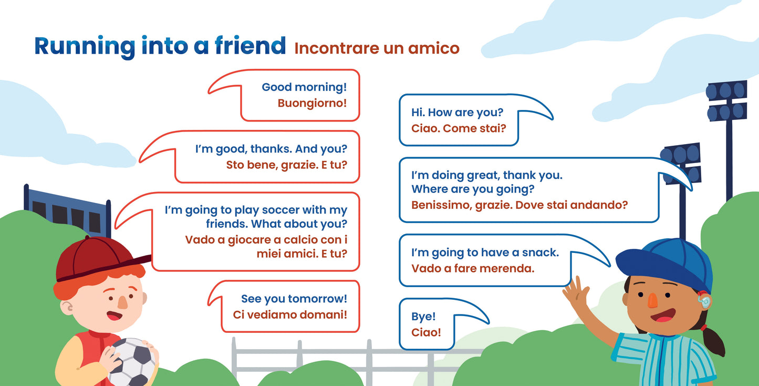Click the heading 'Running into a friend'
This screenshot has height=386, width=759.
coord(160,46)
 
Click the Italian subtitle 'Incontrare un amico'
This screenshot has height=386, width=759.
coord(377,48)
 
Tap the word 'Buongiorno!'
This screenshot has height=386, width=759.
coord(312,103)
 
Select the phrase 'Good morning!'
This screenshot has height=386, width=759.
coord(304,87)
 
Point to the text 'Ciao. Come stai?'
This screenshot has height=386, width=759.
coord(458,128)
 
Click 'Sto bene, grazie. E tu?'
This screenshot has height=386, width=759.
coord(286,165)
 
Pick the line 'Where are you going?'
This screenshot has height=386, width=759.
coord(472,189)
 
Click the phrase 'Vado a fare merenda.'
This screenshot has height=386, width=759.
coord(472,269)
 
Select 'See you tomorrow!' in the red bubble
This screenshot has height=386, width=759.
coord(294,299)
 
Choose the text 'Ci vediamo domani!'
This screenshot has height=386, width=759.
coord(290,314)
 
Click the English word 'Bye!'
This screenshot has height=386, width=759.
coord(423,317)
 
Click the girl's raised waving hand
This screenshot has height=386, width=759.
coord(576,293)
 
